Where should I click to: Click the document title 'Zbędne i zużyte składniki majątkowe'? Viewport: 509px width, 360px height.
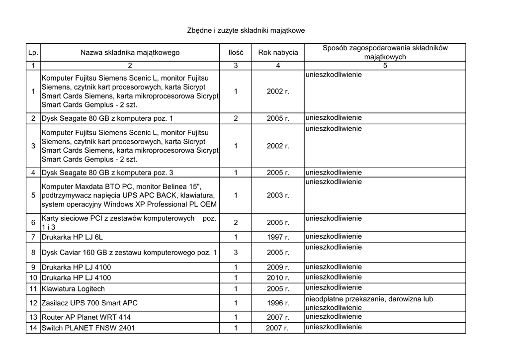[x=246, y=30]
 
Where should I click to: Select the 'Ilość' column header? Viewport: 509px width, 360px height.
[x=236, y=52]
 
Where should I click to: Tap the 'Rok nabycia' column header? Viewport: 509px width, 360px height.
[x=278, y=52]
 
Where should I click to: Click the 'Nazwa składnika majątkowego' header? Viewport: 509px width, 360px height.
[x=130, y=52]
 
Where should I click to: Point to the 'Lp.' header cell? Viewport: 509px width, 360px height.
[x=33, y=52]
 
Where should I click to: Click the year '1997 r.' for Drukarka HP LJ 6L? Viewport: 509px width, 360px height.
[x=278, y=237]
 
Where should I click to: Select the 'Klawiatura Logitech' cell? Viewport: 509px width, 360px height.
[x=73, y=289]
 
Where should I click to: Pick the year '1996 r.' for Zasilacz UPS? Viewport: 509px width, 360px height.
[x=278, y=303]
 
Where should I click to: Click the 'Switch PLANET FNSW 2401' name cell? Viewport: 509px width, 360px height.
[x=88, y=328]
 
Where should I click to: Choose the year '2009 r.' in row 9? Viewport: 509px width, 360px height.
[x=278, y=267]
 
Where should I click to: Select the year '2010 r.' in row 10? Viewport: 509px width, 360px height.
[x=278, y=278]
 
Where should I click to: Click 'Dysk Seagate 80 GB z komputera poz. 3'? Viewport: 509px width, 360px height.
[x=107, y=173]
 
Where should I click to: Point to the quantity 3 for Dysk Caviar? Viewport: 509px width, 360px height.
[x=236, y=253]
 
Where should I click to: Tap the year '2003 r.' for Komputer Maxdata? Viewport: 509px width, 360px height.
[x=278, y=195]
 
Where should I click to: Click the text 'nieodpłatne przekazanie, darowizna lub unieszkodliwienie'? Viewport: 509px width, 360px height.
[x=369, y=303]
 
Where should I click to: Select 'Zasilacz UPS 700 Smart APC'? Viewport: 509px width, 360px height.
[x=89, y=303]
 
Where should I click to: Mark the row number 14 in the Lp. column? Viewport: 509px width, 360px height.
[x=33, y=328]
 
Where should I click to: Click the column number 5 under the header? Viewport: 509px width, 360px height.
[x=385, y=66]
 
